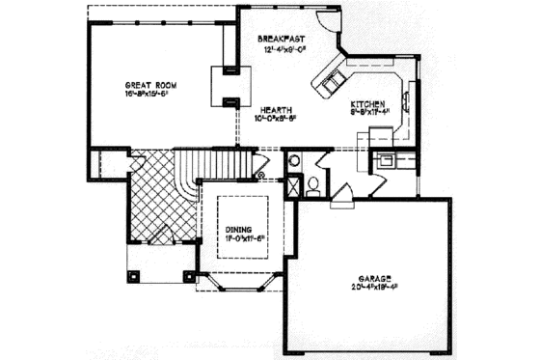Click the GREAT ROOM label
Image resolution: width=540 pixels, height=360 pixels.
pyautogui.click(x=148, y=84)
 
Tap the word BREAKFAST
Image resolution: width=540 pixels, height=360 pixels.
pyautogui.click(x=281, y=38)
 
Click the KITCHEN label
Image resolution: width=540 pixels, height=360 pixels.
pyautogui.click(x=368, y=102)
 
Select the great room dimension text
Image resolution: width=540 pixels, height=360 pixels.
pyautogui.click(x=148, y=95)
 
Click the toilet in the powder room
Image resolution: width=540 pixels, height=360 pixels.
pyautogui.click(x=313, y=185)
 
